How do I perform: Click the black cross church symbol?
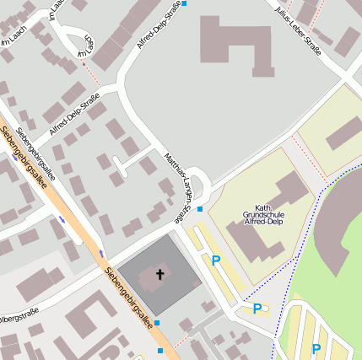tap(160, 274)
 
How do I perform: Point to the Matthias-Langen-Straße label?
tap(180, 187)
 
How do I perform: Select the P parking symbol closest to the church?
tap(216, 261)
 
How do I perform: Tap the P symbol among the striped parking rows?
tap(316, 348)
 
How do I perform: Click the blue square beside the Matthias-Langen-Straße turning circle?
tap(200, 208)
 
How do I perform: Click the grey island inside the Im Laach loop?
tap(78, 39)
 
